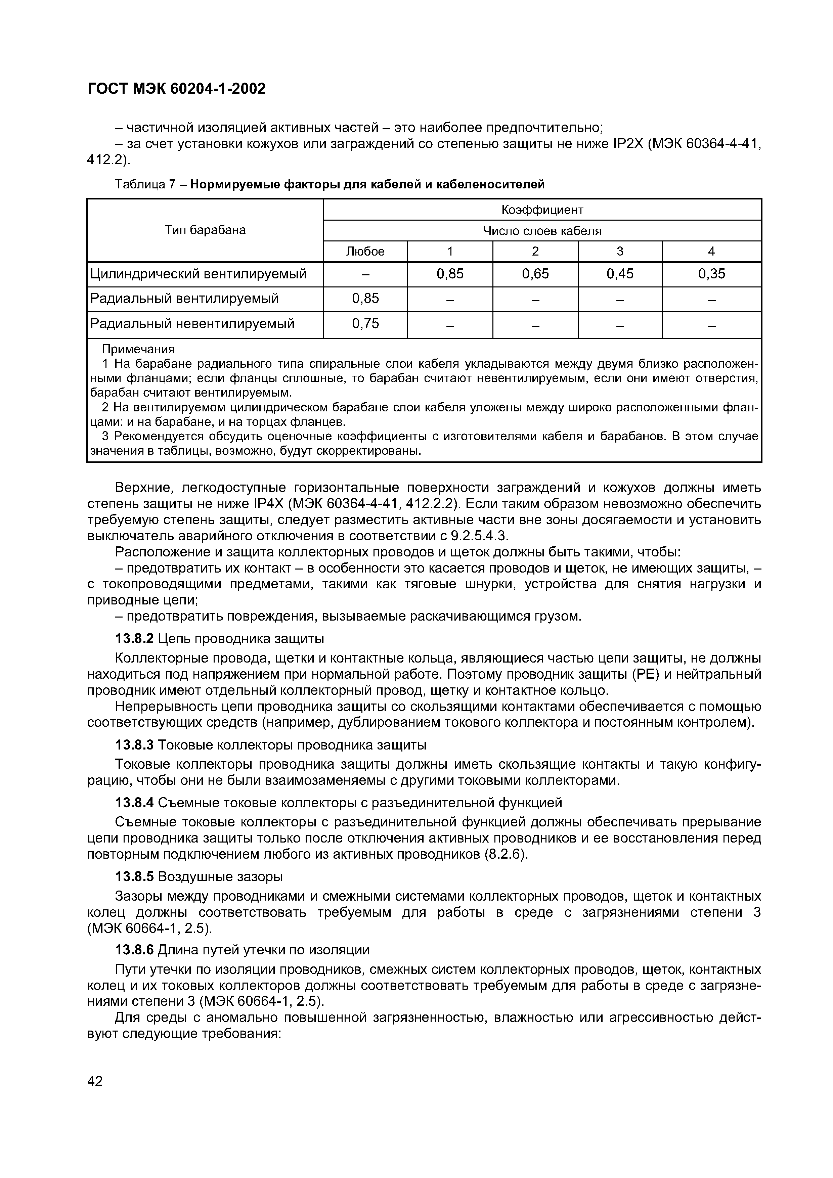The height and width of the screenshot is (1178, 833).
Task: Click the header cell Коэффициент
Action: pyautogui.click(x=542, y=210)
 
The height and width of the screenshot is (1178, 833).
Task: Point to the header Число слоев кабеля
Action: pyautogui.click(x=542, y=231)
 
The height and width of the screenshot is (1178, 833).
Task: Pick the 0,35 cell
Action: pyautogui.click(x=711, y=274)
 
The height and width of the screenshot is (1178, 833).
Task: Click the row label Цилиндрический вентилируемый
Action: pyautogui.click(x=198, y=274)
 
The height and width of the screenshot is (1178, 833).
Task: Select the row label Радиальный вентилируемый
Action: pyautogui.click(x=184, y=299)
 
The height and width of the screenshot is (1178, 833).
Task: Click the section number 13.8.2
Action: pyautogui.click(x=134, y=639)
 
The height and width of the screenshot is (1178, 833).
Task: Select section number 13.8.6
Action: pyautogui.click(x=134, y=950)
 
